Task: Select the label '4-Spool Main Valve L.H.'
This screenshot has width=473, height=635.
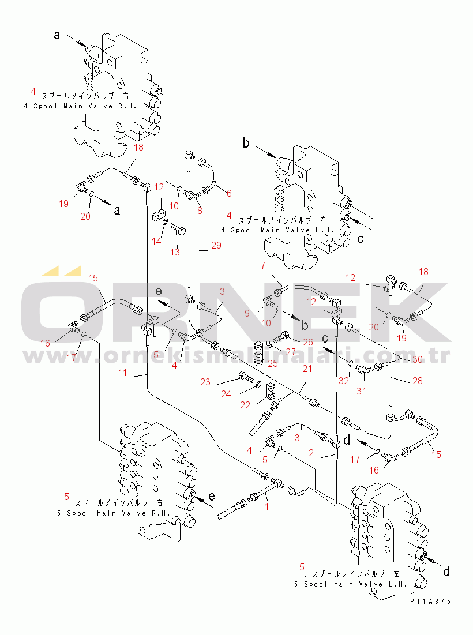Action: [x=277, y=230]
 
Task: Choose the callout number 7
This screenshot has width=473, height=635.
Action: [x=263, y=266]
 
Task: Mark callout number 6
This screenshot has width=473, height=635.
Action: [x=228, y=193]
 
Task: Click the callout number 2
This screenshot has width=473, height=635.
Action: [x=310, y=453]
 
